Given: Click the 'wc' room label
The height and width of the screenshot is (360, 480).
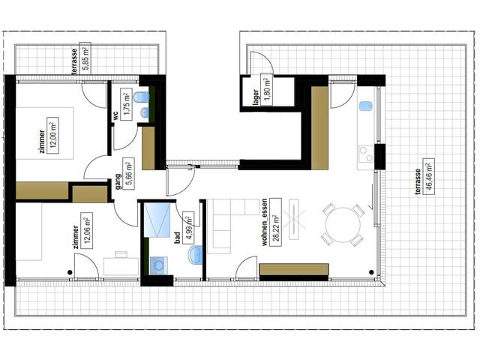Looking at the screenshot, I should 116,117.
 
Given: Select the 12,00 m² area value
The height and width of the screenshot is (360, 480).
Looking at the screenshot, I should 52,135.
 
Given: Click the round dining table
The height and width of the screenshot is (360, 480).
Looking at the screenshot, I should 340,223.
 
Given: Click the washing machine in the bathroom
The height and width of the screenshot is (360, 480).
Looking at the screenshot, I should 159,265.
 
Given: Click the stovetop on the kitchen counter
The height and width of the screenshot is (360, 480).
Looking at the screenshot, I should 366,154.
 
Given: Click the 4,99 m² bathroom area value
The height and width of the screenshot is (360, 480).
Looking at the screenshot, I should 189,226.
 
